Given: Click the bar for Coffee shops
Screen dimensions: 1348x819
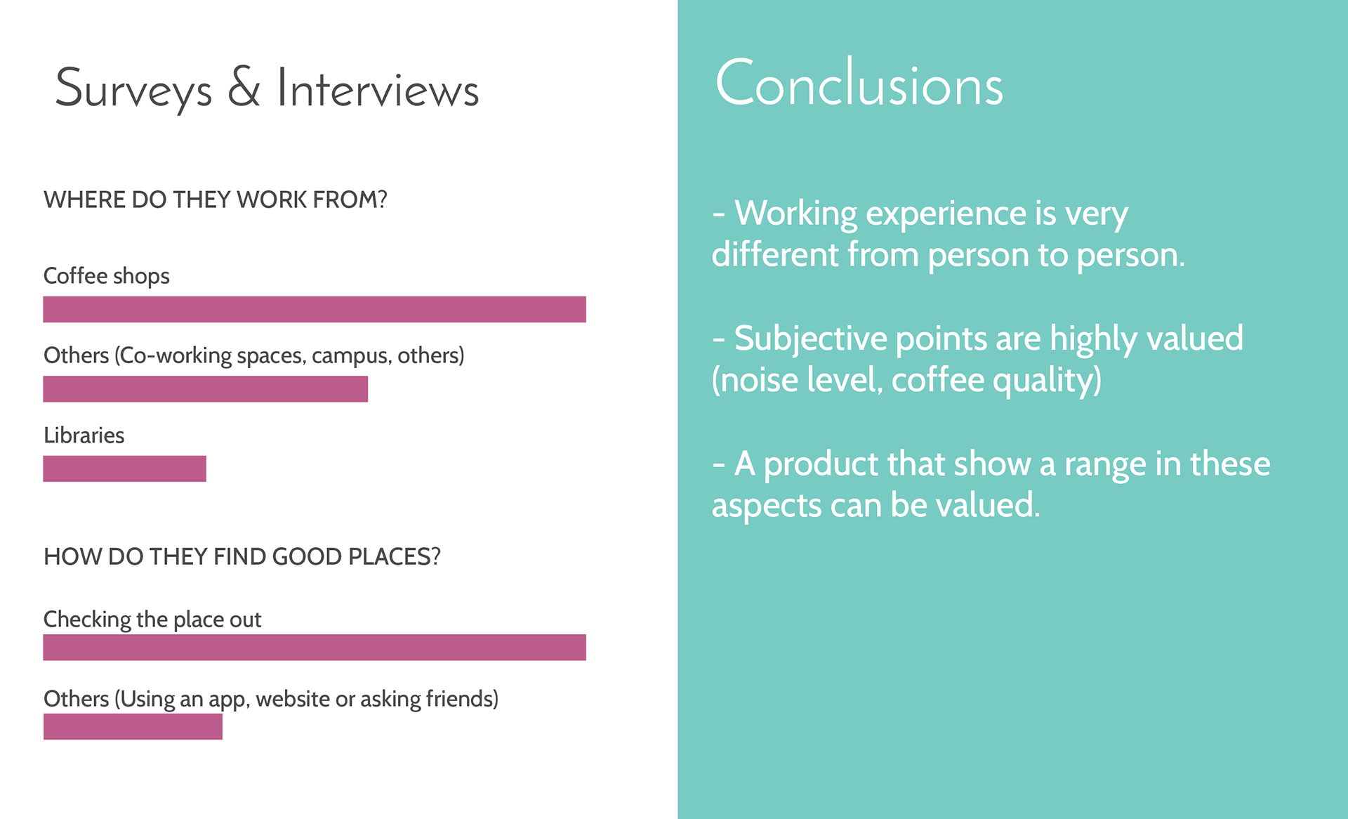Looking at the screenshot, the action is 315,309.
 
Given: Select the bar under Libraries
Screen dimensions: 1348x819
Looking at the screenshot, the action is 124,469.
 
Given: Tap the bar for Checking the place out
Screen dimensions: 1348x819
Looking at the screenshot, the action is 315,647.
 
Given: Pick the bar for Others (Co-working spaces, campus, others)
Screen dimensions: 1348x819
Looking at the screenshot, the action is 205,388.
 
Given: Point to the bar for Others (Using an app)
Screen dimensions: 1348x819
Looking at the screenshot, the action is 133,726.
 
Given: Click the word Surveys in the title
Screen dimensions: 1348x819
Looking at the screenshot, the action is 133,90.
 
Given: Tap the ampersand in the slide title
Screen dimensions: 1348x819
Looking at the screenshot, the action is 244,87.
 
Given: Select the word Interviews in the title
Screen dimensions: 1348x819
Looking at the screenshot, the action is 378,89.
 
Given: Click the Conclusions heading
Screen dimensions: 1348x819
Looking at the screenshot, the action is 859,83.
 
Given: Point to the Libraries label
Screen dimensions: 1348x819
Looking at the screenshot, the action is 84,435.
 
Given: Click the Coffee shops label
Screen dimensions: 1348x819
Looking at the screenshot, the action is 107,276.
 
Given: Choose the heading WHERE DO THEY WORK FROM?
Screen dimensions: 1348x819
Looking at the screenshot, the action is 216,199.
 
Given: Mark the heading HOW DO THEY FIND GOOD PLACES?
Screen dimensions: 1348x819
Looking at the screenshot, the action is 242,556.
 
